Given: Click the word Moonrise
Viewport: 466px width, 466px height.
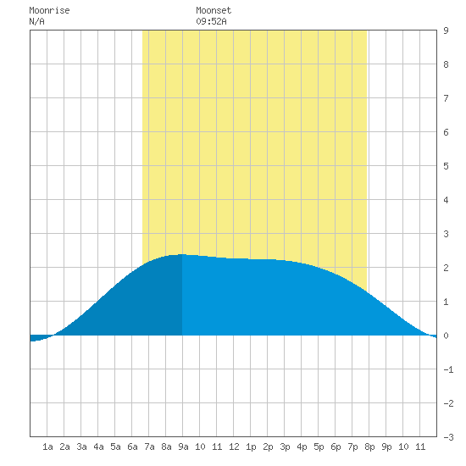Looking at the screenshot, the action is click(49, 10).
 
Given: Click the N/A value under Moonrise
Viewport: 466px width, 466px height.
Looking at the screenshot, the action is click(36, 21).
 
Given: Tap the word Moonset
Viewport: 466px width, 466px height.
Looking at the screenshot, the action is click(214, 10).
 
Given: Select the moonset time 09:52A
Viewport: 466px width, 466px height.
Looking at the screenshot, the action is click(211, 21).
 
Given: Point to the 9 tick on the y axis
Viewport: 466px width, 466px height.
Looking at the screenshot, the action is click(446, 31).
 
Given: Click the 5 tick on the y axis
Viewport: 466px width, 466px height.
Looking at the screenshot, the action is click(446, 166).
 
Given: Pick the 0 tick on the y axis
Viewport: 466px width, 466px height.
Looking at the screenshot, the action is click(446, 336).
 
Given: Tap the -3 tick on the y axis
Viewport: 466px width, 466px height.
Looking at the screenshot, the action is click(448, 437).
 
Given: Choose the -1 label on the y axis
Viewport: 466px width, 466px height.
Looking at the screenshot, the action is click(448, 369).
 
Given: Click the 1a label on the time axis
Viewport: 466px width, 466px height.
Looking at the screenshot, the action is click(47, 447).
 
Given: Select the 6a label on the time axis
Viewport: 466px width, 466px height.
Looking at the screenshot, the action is click(132, 447).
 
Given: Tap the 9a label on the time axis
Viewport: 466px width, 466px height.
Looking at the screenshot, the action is click(183, 447).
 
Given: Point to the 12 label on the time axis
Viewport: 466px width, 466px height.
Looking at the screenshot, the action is click(234, 447).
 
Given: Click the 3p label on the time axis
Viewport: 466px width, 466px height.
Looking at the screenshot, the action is click(285, 447).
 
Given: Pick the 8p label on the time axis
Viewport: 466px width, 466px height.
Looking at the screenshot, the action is click(369, 447).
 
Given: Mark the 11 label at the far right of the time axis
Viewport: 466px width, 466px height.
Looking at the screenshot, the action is click(420, 447).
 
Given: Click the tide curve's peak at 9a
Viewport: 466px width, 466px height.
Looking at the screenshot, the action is click(182, 254).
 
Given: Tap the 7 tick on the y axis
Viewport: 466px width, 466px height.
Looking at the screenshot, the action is click(446, 98).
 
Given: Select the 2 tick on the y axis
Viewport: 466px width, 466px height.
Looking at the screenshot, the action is click(446, 268).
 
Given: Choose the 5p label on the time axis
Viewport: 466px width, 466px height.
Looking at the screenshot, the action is click(319, 447).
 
